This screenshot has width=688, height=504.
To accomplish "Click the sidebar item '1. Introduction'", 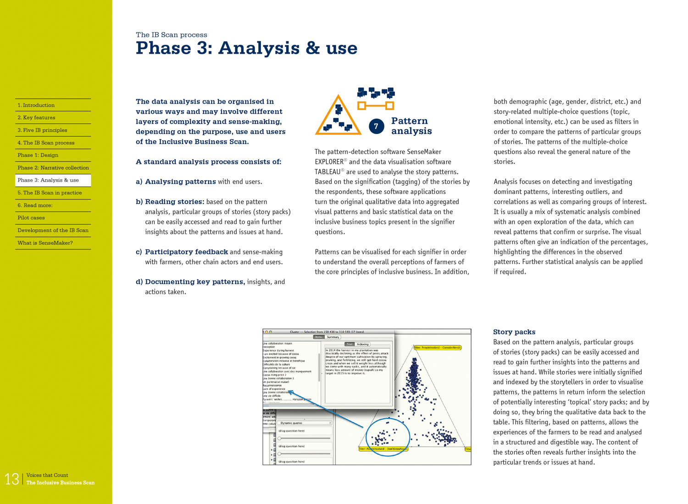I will (36, 105).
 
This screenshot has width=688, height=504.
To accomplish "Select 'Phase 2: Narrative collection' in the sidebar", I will (53, 168).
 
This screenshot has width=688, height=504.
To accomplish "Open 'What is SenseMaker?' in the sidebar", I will (45, 243).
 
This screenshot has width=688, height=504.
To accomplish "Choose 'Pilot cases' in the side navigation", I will (31, 218).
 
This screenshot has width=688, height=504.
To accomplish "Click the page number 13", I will (11, 479).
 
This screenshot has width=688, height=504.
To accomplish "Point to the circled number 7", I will (376, 127).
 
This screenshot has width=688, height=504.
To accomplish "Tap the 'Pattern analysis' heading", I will (411, 126).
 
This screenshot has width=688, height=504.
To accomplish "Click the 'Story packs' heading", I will (514, 332).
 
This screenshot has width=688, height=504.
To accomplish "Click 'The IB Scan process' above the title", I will (171, 35).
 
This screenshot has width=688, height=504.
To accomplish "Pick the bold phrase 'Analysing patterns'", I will (180, 182).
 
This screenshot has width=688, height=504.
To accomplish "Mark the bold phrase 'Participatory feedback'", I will (186, 252).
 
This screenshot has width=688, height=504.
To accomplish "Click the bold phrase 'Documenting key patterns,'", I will (195, 282).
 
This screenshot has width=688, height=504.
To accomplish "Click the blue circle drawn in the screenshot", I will (388, 437).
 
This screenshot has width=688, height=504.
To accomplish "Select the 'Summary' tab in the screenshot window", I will (333, 337).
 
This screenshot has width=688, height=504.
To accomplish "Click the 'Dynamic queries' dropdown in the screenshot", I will (305, 423).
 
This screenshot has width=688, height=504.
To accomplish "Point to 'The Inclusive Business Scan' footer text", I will (61, 482).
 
